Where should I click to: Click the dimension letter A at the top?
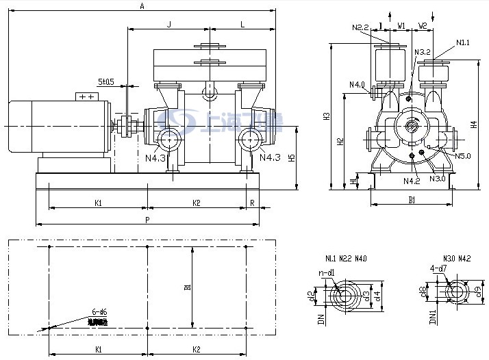click(142, 6)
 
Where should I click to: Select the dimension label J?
click(168, 25)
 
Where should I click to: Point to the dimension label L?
click(242, 25)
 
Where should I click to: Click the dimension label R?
click(253, 203)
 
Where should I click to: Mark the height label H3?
click(327, 116)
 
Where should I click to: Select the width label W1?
click(402, 25)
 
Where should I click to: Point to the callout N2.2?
click(360, 28)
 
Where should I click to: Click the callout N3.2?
click(422, 52)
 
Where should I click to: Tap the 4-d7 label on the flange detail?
click(438, 268)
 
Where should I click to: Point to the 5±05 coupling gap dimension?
click(106, 81)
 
